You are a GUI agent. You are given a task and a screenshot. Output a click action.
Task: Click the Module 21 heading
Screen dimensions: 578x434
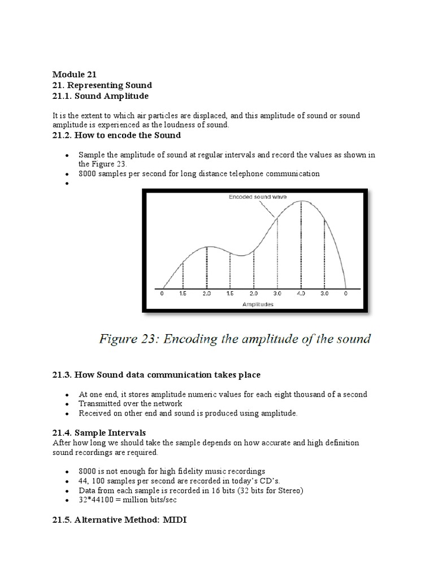coord(75,74)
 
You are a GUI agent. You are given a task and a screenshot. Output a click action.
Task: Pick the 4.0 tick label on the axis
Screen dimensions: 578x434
coord(301,294)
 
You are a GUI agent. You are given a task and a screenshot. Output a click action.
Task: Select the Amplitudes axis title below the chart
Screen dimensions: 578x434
coord(258,304)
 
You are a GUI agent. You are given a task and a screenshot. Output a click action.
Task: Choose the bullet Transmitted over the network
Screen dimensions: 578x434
coord(131,404)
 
